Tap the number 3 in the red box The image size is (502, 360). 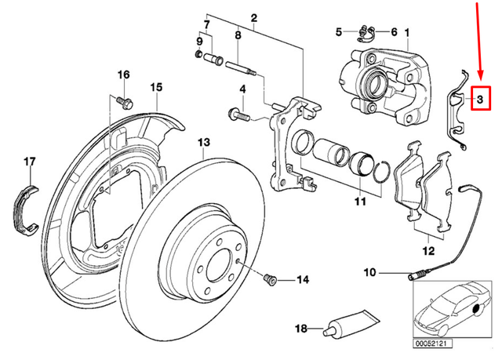pos(479,99)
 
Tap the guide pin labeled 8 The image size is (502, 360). pos(240,66)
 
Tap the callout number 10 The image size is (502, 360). pos(369,273)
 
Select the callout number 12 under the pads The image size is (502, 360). pos(427,252)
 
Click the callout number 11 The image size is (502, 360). pos(358,202)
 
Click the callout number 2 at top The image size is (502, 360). pos(254,17)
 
